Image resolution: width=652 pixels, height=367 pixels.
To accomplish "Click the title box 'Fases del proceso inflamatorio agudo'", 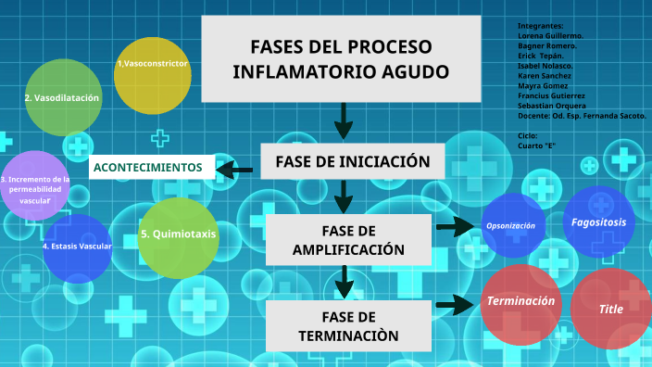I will (341, 58).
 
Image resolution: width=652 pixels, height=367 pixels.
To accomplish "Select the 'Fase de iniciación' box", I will (353, 161).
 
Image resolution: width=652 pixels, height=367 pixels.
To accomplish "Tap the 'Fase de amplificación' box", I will (348, 239).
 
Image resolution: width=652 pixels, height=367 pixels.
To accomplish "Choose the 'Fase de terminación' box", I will (348, 325).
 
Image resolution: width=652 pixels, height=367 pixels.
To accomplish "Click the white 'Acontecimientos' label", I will (152, 168).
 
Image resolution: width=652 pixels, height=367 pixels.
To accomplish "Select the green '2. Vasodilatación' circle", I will (63, 97).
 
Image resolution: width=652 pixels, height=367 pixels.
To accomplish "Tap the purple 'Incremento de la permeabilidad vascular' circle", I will (35, 186).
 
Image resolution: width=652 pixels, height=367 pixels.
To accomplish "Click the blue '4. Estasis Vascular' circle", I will (76, 247).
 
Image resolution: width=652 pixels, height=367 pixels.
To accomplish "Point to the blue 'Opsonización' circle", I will (511, 225).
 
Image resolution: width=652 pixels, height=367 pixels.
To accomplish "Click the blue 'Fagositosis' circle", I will (598, 221).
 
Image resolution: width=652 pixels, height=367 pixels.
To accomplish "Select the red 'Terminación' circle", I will (520, 302).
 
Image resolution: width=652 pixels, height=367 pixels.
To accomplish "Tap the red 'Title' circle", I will (610, 310).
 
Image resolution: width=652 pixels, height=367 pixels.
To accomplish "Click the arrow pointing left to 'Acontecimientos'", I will (235, 169).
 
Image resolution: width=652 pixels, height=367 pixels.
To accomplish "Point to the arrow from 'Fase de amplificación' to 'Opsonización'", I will (455, 226).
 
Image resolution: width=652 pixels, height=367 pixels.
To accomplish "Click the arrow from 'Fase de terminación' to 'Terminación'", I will (455, 304).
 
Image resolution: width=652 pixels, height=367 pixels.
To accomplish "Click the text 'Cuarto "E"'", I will (537, 146).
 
